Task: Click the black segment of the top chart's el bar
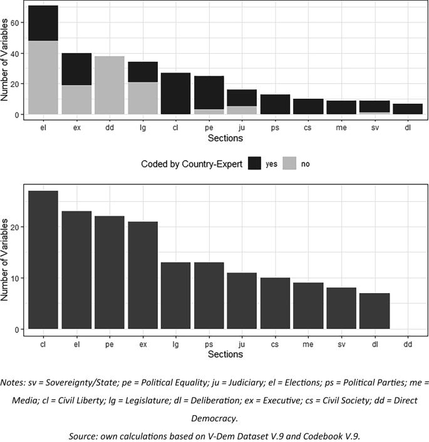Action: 43,23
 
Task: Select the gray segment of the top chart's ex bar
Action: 76,99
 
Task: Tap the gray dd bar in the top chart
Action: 109,85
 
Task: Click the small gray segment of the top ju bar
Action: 242,111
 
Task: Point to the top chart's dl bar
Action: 407,109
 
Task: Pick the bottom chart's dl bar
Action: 374,311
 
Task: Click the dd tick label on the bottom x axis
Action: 407,343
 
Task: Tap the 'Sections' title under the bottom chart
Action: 225,354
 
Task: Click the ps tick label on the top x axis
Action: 275,127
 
